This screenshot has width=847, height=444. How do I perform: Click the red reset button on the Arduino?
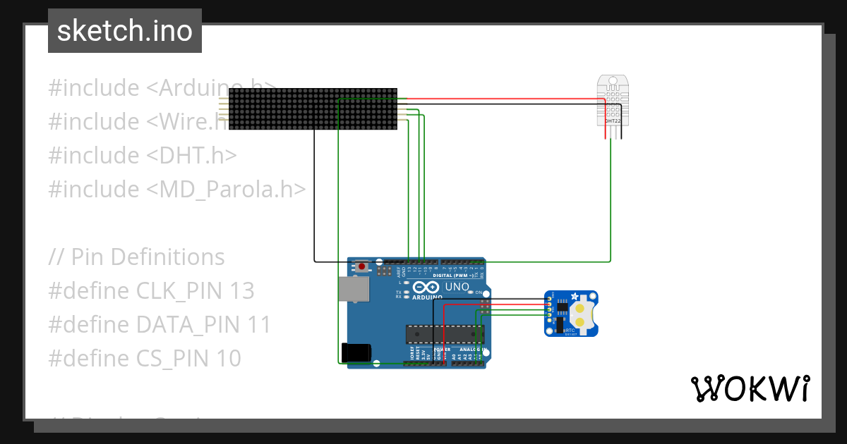tap(362, 266)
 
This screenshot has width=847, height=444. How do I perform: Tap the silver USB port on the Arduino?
tap(354, 289)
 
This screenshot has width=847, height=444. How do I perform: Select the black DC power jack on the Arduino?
tap(355, 352)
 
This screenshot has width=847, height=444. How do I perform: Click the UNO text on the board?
tap(456, 287)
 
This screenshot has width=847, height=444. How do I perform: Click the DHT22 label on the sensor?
tap(612, 121)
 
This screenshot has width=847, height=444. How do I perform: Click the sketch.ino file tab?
tap(125, 31)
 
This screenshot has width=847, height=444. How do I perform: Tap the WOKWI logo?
tap(750, 388)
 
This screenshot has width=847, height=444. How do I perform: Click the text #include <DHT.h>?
tap(143, 155)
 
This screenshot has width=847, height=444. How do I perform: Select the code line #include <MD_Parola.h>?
tap(177, 189)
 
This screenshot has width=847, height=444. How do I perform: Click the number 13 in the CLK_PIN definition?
tap(241, 291)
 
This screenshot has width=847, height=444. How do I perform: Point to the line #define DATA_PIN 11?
tap(160, 325)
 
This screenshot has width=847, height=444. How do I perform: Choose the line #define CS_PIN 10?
tap(145, 359)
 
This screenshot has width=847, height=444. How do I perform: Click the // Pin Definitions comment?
tap(137, 257)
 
